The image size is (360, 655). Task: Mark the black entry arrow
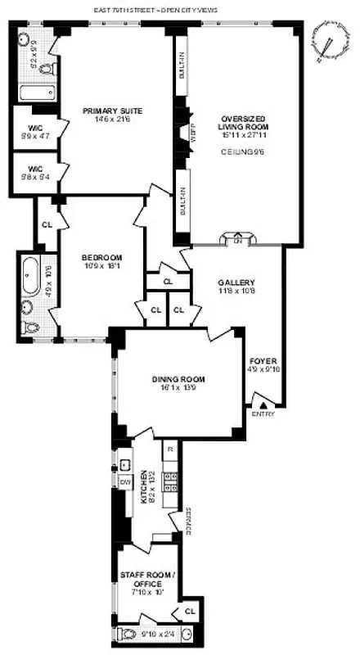tap(263, 403)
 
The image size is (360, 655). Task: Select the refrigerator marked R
tap(169, 450)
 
